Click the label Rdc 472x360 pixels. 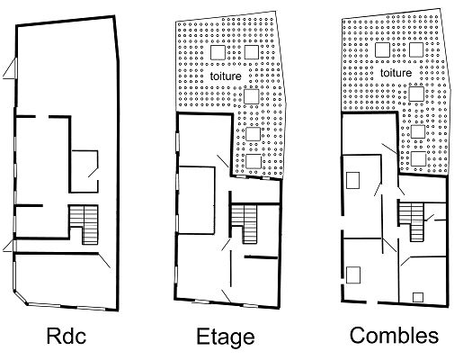[x=67, y=336]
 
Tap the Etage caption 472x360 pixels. [x=226, y=337]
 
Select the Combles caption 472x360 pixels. [x=394, y=335]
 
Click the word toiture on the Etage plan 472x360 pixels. [x=226, y=76]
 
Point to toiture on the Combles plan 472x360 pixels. [x=396, y=73]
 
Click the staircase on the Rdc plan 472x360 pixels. [x=85, y=223]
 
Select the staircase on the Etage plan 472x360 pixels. [x=245, y=222]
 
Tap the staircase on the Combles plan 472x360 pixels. [x=412, y=220]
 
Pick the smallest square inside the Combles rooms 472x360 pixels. [x=418, y=297]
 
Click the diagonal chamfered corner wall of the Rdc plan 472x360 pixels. [x=21, y=298]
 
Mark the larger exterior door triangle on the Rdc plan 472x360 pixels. [x=11, y=68]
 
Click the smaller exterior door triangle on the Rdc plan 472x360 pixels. [x=8, y=246]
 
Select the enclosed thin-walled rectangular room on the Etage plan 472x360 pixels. [x=197, y=200]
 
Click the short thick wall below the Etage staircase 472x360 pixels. [x=261, y=257]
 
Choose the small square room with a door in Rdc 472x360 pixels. [x=85, y=171]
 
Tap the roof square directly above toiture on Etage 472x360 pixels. [x=218, y=52]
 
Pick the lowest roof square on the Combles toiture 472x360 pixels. [x=418, y=158]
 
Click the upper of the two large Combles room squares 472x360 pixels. [x=352, y=180]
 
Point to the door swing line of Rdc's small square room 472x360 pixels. [x=93, y=172]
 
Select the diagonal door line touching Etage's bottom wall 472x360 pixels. [x=227, y=296]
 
